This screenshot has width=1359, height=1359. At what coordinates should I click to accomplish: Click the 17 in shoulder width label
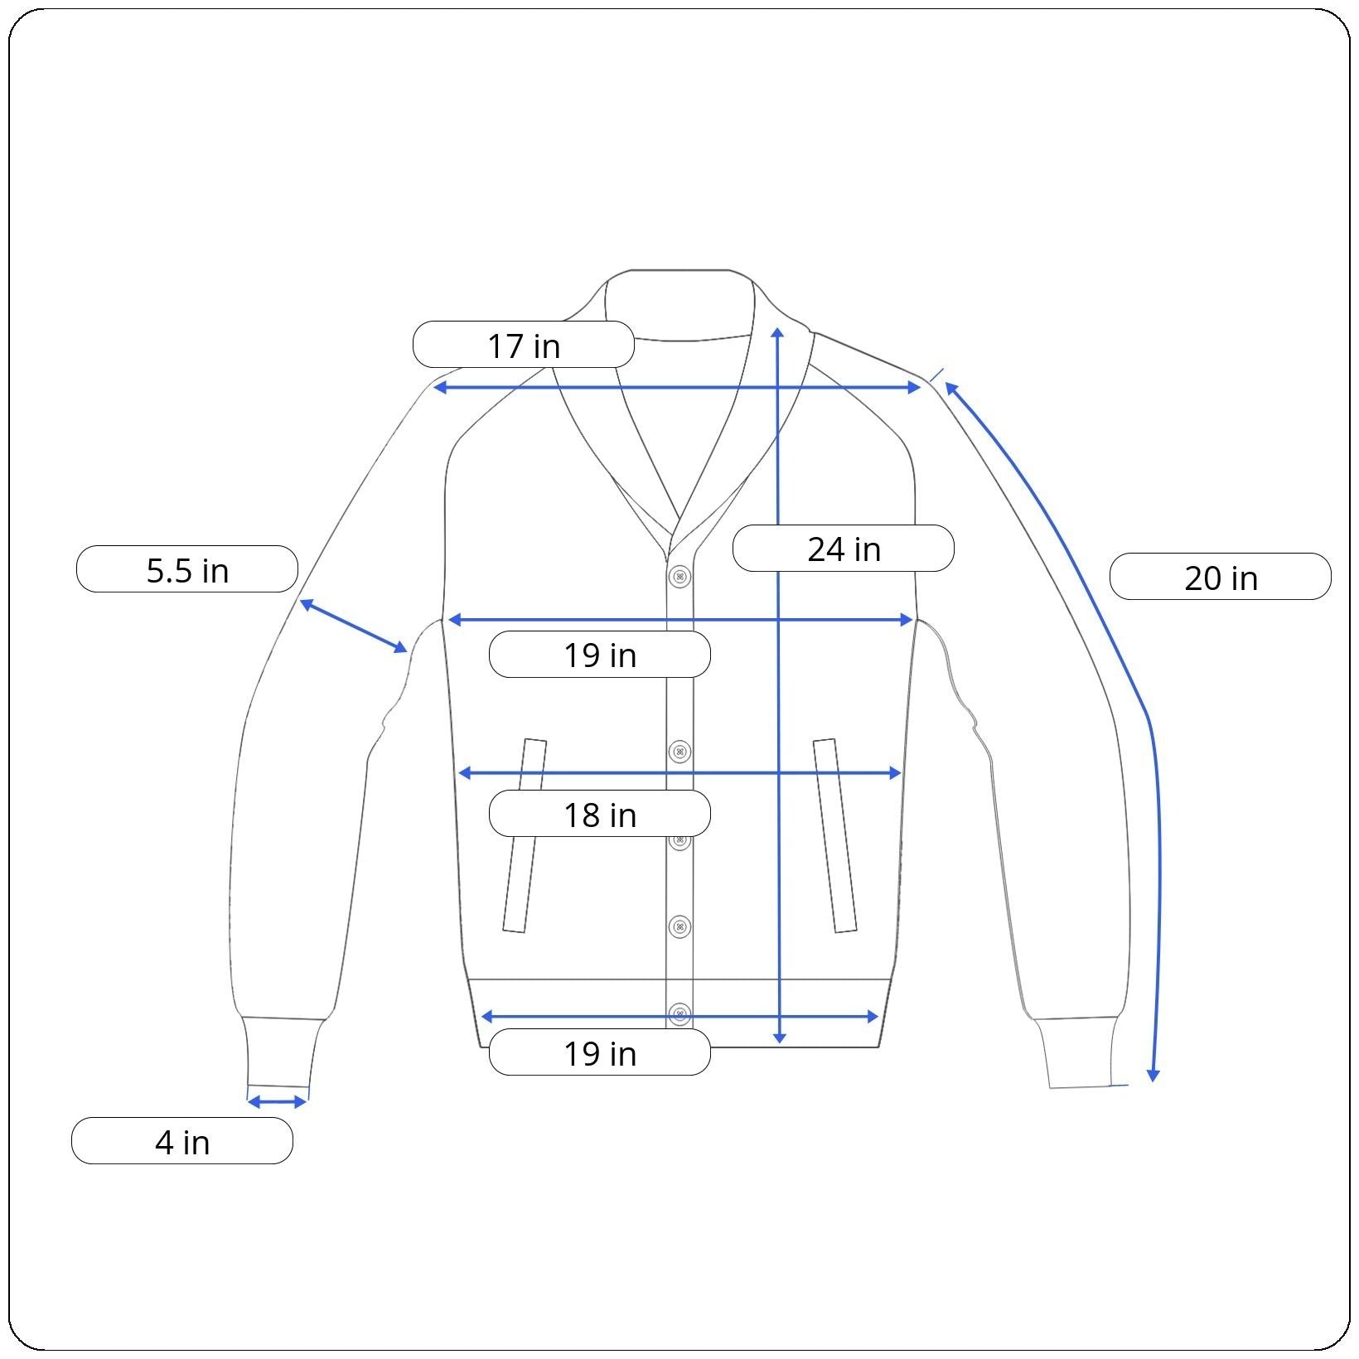[524, 345]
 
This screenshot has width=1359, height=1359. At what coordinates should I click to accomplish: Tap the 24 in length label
[844, 549]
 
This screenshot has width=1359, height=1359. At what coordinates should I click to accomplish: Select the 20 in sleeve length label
[1221, 577]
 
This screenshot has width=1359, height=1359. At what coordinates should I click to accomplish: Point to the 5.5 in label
[187, 569]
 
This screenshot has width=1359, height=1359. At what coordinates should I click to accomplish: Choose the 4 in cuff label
[182, 1141]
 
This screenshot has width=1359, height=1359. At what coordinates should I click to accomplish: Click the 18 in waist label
[600, 814]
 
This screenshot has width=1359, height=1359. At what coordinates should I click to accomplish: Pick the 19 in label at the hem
[600, 1052]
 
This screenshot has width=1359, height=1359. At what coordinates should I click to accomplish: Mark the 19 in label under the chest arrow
[600, 655]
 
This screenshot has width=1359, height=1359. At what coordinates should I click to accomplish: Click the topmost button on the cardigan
[679, 576]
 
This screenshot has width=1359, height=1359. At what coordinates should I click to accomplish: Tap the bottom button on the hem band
[679, 1013]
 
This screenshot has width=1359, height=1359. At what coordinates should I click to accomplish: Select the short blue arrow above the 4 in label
[278, 1101]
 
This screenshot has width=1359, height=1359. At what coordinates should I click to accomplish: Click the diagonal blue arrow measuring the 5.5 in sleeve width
[354, 626]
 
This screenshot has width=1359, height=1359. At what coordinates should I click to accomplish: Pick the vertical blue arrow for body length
[778, 685]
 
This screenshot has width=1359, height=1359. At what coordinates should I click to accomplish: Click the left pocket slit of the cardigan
[525, 835]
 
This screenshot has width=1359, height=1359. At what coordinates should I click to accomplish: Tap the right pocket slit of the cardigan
[835, 835]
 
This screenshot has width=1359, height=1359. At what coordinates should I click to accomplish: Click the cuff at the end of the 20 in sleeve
[1077, 1052]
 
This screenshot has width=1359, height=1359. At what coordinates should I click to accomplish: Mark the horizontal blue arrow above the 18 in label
[679, 773]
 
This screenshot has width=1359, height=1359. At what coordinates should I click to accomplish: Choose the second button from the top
[679, 752]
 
